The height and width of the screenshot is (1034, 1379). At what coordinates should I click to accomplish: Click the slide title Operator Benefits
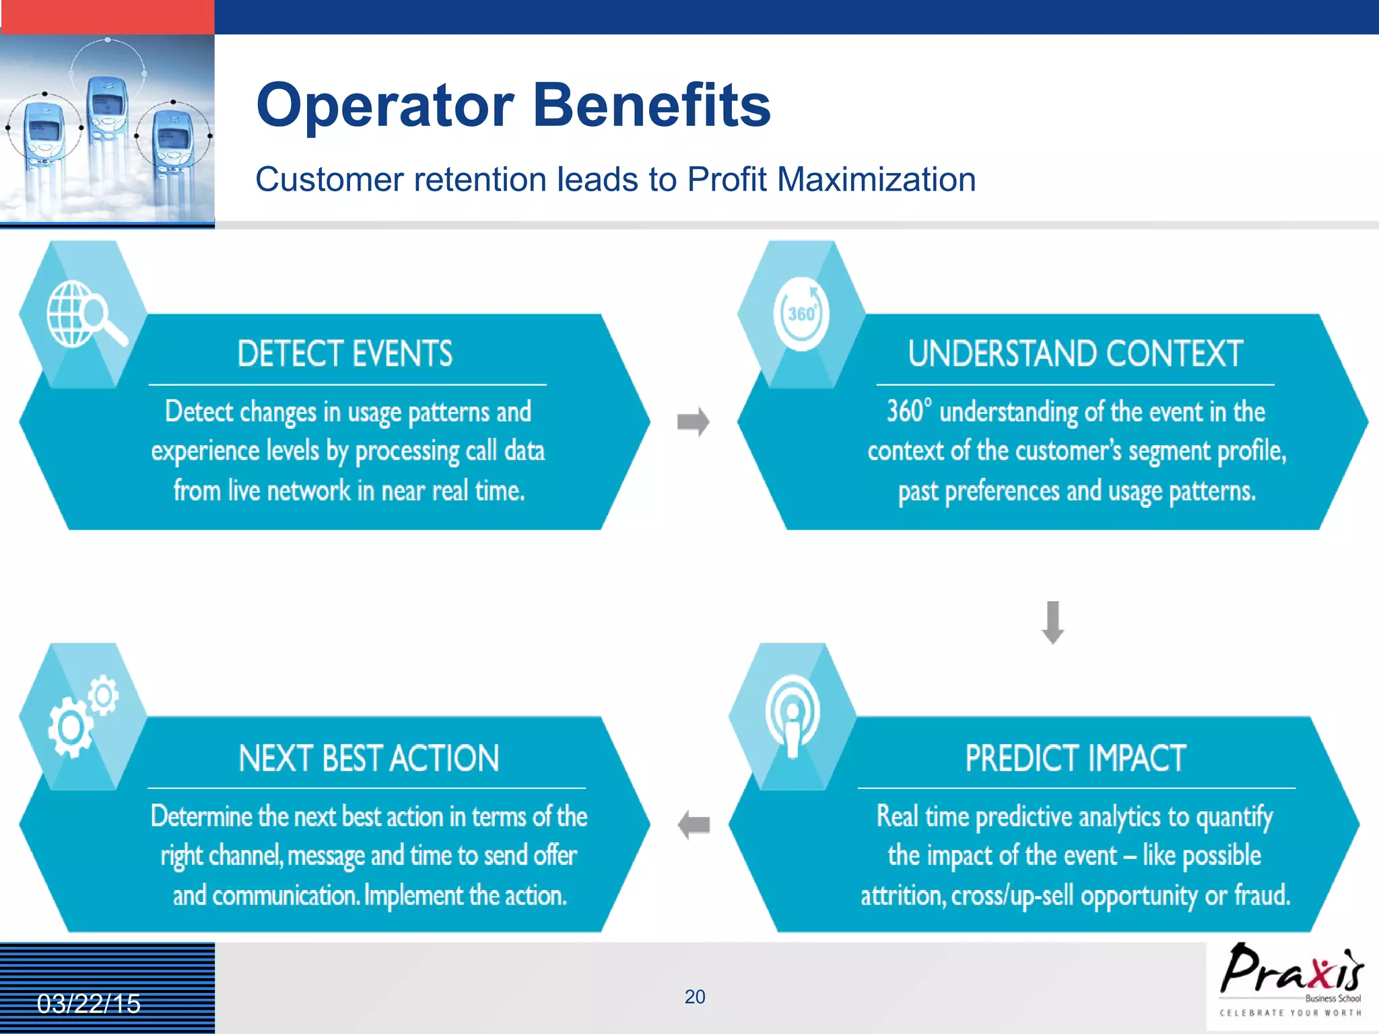click(513, 106)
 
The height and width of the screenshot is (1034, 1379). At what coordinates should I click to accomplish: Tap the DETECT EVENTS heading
click(345, 354)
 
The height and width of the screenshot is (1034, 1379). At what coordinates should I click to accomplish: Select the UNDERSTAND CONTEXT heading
click(1075, 354)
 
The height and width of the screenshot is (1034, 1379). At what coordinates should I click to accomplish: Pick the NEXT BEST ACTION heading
click(368, 758)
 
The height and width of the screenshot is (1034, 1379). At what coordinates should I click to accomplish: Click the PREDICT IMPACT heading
click(1075, 758)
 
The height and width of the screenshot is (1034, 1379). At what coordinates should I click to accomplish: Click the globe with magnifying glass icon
click(85, 314)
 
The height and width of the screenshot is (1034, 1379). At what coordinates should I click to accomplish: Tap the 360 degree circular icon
click(801, 314)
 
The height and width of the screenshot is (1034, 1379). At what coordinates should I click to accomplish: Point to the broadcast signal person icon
click(793, 717)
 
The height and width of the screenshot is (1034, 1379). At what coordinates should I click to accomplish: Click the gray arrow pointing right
click(694, 422)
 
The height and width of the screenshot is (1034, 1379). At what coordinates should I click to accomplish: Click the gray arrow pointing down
click(1052, 622)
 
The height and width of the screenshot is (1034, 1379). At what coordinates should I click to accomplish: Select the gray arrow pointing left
click(694, 825)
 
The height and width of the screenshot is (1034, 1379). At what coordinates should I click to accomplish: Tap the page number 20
click(694, 997)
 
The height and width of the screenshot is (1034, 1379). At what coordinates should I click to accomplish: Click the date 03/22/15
click(88, 1004)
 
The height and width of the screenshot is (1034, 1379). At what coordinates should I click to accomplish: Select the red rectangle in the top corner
click(108, 17)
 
